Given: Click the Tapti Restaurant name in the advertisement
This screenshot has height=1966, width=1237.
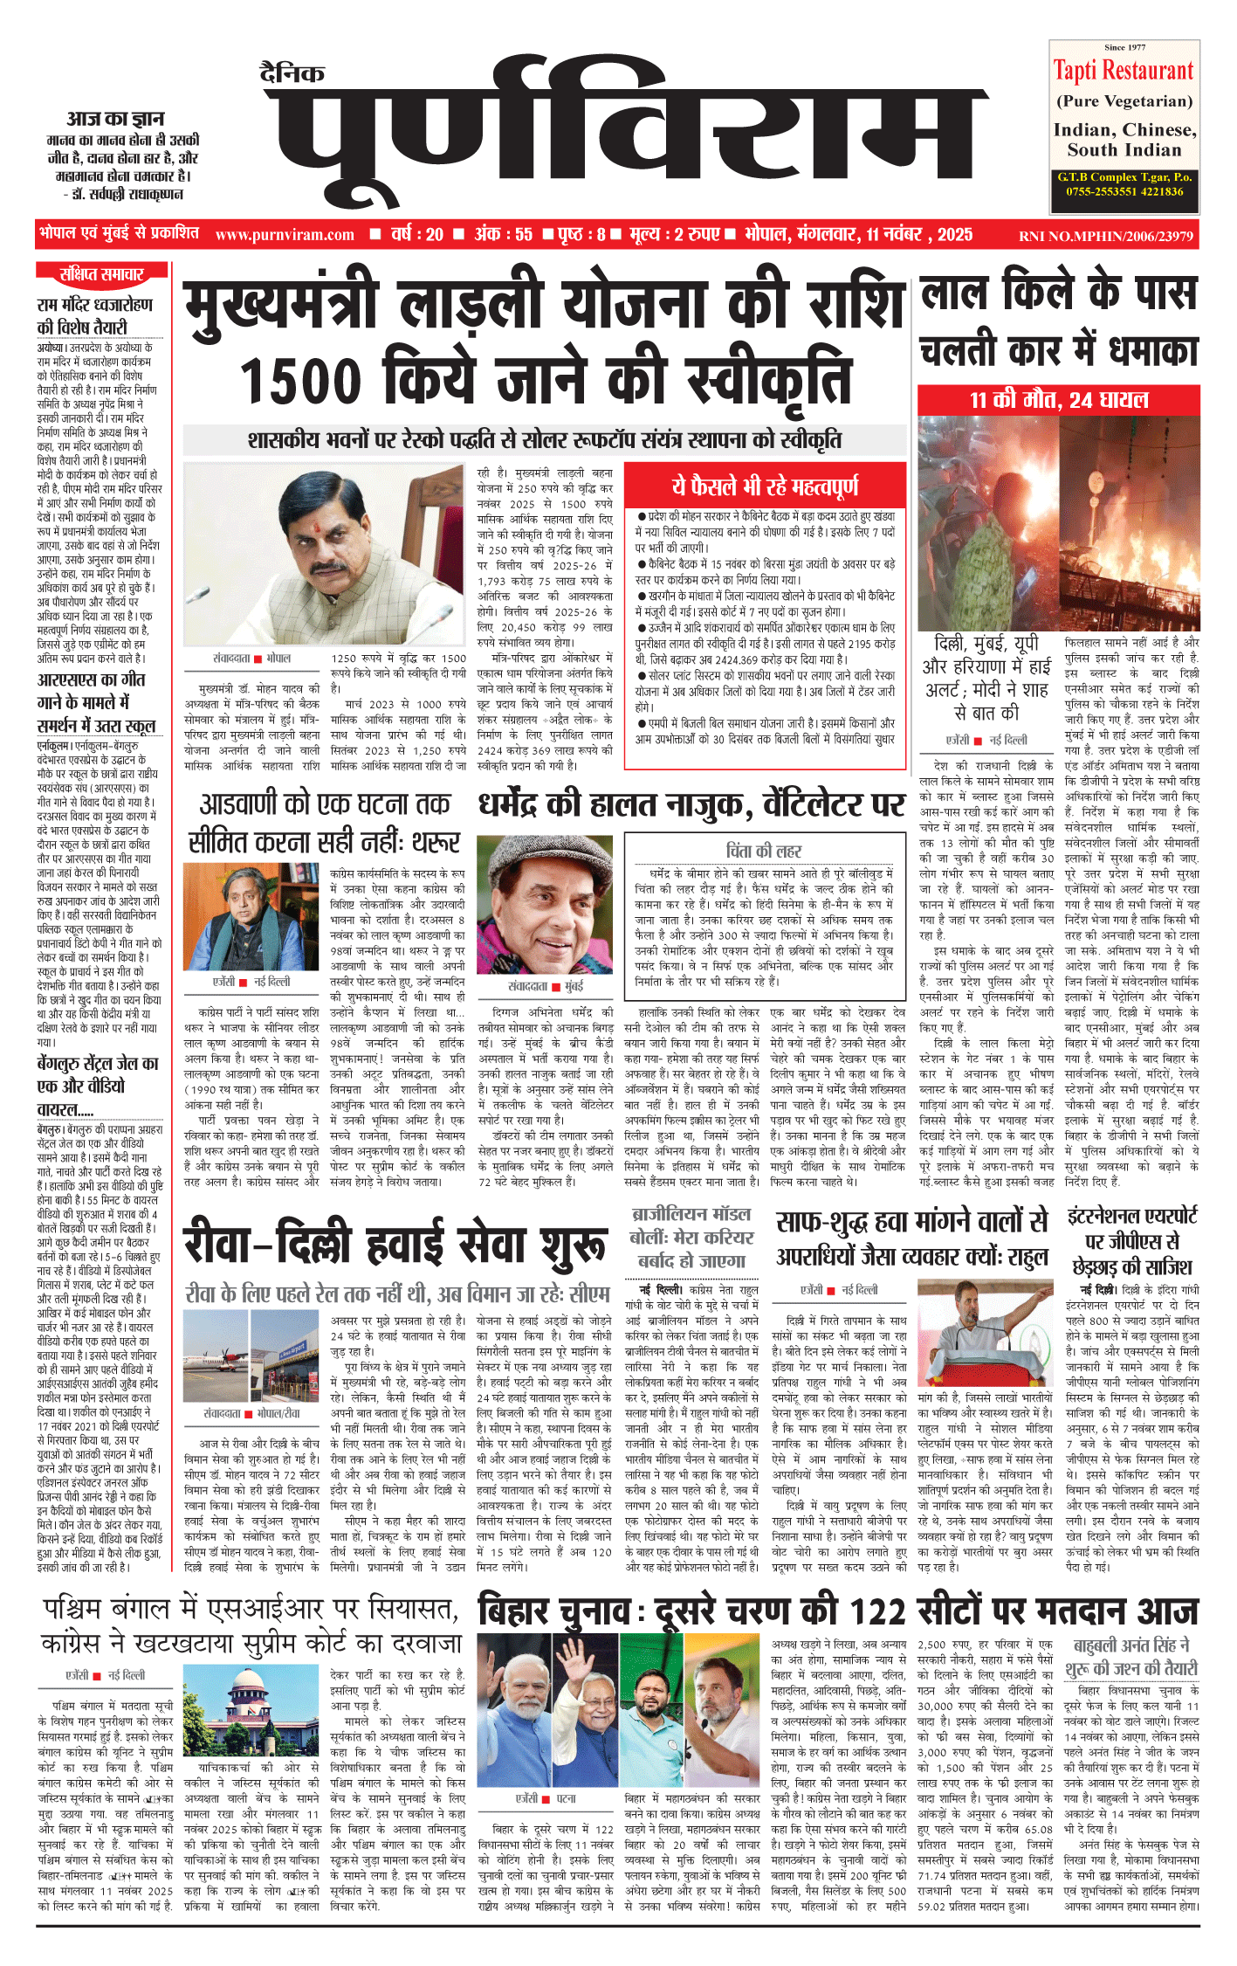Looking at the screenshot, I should coord(1124,71).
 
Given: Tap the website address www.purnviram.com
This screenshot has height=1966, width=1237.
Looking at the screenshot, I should coord(285,235).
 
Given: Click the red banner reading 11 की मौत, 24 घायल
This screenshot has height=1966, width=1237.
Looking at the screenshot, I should coord(1058,401).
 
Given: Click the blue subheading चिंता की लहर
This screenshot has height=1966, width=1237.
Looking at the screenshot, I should coord(764,851).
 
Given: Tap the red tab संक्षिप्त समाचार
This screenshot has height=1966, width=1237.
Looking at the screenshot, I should coord(101,274).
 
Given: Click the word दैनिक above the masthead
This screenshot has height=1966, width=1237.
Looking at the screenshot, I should coord(292,73).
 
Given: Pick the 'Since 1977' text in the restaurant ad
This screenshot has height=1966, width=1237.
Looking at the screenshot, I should coord(1124,47).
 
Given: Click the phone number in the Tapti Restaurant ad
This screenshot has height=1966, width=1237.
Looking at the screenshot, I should coord(1124,191).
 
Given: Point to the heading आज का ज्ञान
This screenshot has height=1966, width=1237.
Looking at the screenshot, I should coord(115,118).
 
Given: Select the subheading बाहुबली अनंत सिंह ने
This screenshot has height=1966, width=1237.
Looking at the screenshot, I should coord(1131,1645).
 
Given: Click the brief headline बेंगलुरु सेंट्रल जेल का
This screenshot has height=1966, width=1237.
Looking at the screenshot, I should coord(98,1064).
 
